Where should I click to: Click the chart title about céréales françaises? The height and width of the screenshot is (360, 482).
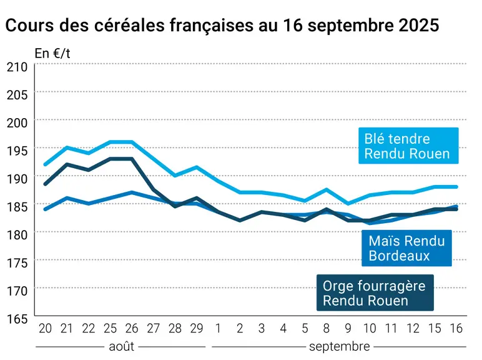point(222,25)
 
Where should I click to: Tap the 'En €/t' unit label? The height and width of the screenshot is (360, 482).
point(52,54)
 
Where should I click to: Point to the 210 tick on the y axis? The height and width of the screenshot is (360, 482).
point(17,67)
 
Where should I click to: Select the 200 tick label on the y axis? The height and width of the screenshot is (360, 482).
point(17,122)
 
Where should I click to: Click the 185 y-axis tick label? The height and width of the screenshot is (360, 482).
point(17,207)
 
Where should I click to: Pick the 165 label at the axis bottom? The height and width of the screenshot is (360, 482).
point(17,319)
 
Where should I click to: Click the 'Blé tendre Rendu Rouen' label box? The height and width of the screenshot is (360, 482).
point(408,146)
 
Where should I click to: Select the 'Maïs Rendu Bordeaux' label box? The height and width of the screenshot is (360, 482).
point(406,248)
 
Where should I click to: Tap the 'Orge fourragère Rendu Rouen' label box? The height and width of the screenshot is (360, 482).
point(375,292)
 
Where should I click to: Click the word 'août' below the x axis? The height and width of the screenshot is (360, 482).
point(121,347)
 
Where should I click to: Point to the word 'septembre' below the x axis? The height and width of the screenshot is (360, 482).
point(340,347)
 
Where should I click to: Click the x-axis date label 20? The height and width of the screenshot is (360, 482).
point(45,329)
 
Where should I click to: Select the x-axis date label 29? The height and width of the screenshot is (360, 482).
point(197,329)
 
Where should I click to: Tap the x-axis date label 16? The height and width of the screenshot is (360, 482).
point(456,329)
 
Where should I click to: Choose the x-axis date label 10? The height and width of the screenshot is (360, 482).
point(370,329)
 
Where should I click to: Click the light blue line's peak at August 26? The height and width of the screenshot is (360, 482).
point(132,142)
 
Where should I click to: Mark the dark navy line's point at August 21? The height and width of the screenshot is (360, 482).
point(67,164)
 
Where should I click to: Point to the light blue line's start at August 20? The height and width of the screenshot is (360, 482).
point(45,164)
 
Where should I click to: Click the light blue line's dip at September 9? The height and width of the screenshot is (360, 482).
point(348,204)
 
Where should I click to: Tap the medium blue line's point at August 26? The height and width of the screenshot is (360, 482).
point(132,192)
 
